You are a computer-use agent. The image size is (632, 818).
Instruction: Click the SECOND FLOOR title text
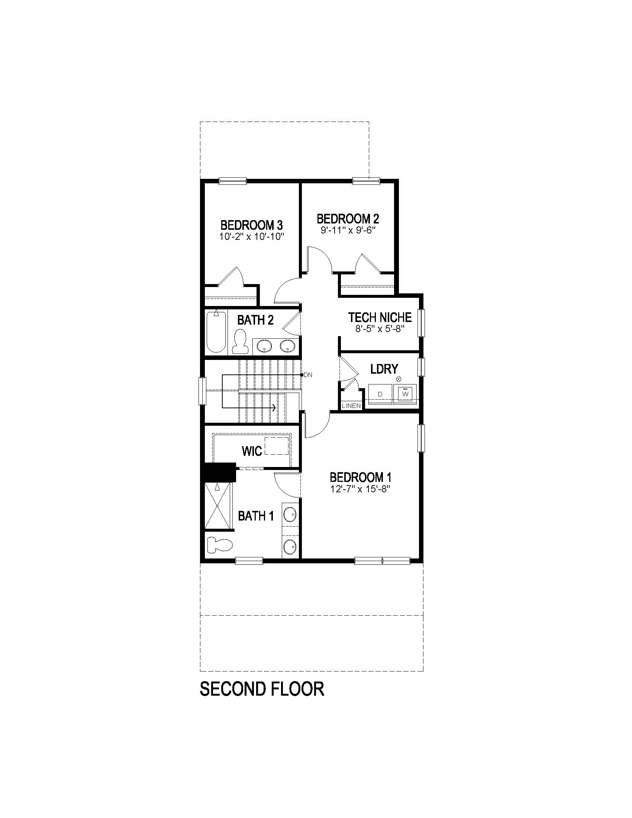262,689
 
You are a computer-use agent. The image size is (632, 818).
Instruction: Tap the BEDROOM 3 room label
251,225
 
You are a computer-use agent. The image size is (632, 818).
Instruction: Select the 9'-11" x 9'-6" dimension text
348,230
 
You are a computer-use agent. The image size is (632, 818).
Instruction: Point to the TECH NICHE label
380,317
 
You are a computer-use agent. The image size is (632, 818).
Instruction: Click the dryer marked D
380,394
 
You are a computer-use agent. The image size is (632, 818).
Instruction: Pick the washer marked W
405,394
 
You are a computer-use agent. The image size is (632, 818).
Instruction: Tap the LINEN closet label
351,406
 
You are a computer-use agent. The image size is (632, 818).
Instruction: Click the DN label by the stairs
308,374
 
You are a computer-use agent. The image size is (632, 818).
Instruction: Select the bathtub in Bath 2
216,332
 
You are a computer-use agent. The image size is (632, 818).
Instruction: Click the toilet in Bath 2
240,342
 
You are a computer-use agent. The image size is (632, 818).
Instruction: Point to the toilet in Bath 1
220,544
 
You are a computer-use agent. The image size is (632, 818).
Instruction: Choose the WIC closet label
252,451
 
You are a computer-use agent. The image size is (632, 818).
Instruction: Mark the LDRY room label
384,369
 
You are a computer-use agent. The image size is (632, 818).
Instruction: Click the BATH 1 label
256,516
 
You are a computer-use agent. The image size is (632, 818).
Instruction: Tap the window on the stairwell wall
202,391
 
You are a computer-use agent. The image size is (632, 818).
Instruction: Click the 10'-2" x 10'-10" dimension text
252,236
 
